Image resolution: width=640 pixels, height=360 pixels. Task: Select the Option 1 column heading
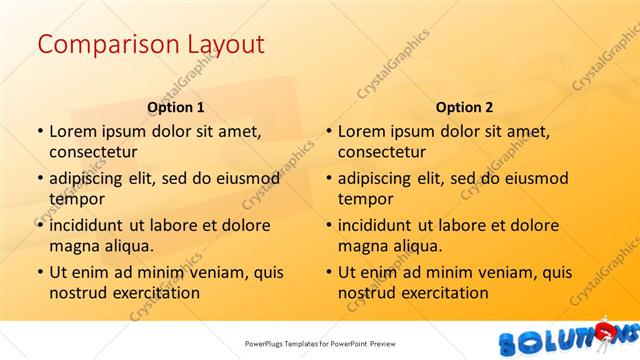pos(175,107)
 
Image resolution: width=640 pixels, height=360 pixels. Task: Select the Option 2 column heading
pos(464,107)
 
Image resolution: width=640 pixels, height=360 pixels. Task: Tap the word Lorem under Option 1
pos(73,130)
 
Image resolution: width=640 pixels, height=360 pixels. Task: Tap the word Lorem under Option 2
pos(362,130)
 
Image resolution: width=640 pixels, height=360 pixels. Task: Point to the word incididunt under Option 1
pos(89,225)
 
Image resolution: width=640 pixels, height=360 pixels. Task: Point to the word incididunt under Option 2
pos(378,225)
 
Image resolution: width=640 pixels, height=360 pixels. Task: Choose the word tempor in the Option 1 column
pos(76,198)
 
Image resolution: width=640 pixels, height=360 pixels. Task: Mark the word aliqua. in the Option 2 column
pos(417,246)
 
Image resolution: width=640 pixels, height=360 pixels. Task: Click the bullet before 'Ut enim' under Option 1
pos(39,272)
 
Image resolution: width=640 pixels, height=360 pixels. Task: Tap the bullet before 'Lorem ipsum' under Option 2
pos(328,130)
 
